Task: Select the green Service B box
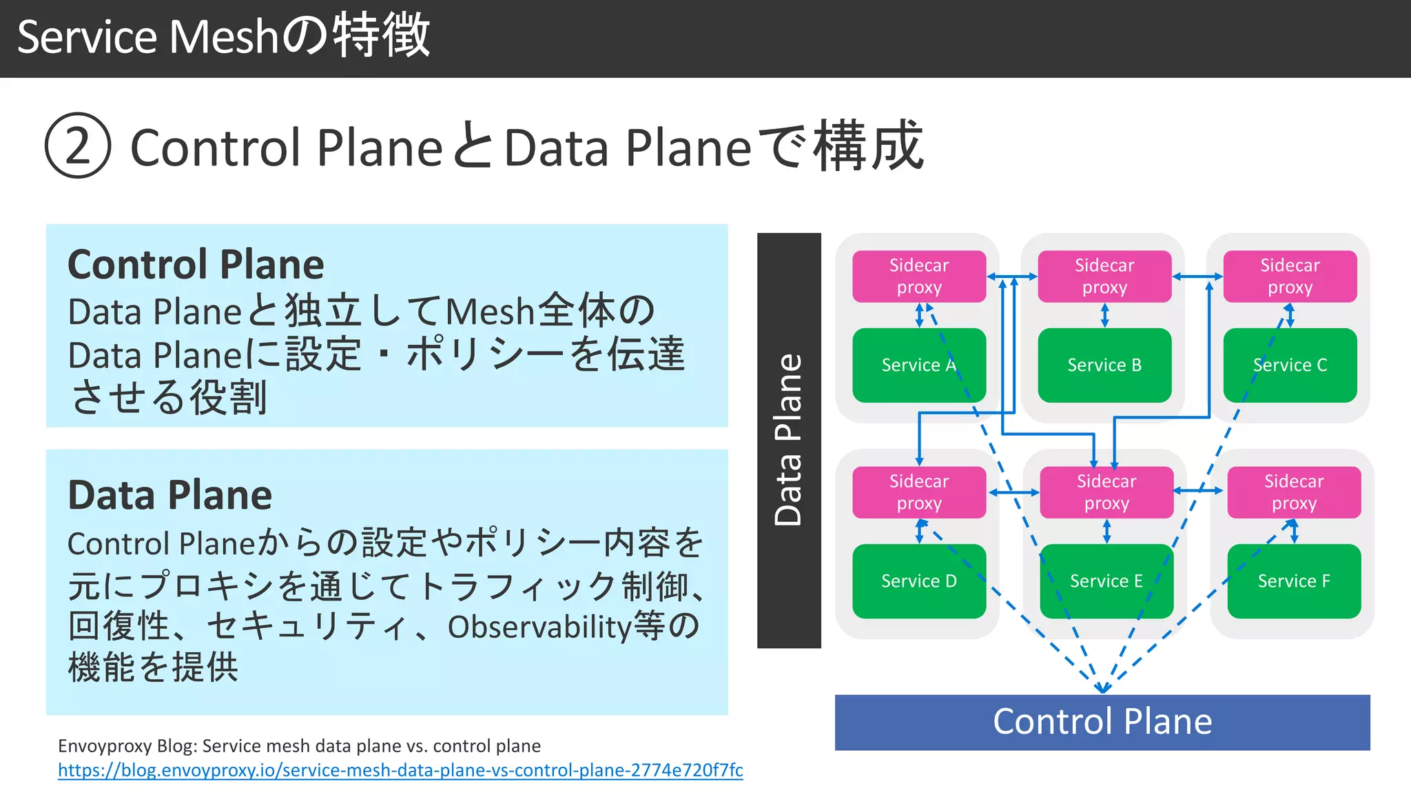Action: coord(1104,365)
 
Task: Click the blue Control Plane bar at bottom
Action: coord(1102,722)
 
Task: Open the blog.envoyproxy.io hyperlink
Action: coord(400,770)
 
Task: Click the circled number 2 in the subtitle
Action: coord(78,146)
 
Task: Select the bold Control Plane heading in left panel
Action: coord(196,265)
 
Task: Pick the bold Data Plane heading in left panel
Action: coord(169,495)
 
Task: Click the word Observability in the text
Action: coord(539,627)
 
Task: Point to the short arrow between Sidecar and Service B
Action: coord(1104,315)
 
